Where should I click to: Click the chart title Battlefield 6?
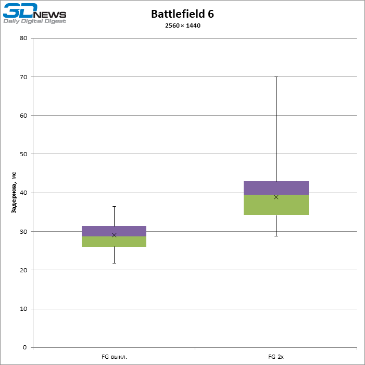[182, 14]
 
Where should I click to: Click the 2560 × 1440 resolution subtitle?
[182, 26]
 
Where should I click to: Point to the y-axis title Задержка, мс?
[15, 193]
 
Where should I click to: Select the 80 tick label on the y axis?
[23, 38]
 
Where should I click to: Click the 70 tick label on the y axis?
[23, 77]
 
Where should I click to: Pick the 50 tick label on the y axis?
[23, 154]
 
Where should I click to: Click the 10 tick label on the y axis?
[23, 309]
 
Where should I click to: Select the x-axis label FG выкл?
[114, 357]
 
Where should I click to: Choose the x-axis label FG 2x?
[276, 357]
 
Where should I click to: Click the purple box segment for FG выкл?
[114, 231]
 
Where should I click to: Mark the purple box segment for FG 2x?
[276, 188]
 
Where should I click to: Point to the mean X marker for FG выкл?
[114, 235]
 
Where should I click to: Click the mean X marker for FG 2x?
[276, 197]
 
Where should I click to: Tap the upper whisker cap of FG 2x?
[276, 77]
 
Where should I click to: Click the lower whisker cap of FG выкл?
[114, 263]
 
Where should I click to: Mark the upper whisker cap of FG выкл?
[114, 206]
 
